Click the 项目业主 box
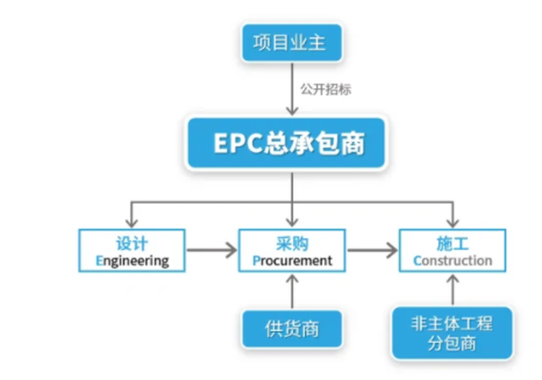click(x=292, y=43)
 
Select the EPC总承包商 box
click(x=286, y=143)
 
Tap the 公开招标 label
click(x=326, y=90)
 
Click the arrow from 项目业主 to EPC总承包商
click(x=293, y=89)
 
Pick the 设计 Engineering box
click(x=132, y=251)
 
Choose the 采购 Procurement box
click(x=292, y=251)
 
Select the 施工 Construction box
click(x=452, y=251)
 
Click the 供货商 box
click(x=292, y=329)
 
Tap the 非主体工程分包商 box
click(x=452, y=333)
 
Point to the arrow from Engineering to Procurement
click(x=212, y=250)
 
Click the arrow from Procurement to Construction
click(x=372, y=250)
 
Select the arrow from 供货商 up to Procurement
click(x=293, y=291)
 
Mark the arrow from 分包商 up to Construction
click(x=453, y=290)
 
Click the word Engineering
click(x=132, y=262)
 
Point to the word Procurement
click(x=293, y=261)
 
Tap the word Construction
click(x=453, y=261)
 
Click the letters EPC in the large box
click(x=238, y=143)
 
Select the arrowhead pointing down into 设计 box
click(x=132, y=222)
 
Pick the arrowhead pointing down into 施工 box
click(x=453, y=222)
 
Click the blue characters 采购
click(x=292, y=243)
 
